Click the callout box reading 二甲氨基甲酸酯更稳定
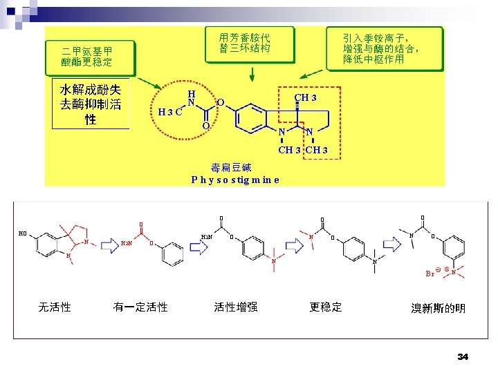click(x=87, y=57)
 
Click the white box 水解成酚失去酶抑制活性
click(x=91, y=104)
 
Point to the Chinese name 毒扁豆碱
click(x=231, y=167)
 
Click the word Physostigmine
click(x=235, y=180)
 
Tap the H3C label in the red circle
click(x=169, y=112)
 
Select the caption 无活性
click(x=55, y=307)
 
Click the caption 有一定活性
click(x=140, y=307)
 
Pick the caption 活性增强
click(x=236, y=307)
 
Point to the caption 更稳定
click(x=326, y=307)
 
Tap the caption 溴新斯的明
click(x=439, y=308)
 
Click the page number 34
click(x=463, y=356)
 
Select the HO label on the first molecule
click(x=23, y=233)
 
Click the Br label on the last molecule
click(x=430, y=274)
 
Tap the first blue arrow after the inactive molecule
click(x=110, y=243)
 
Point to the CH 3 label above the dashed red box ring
click(x=305, y=97)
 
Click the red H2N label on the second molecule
click(x=127, y=243)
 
